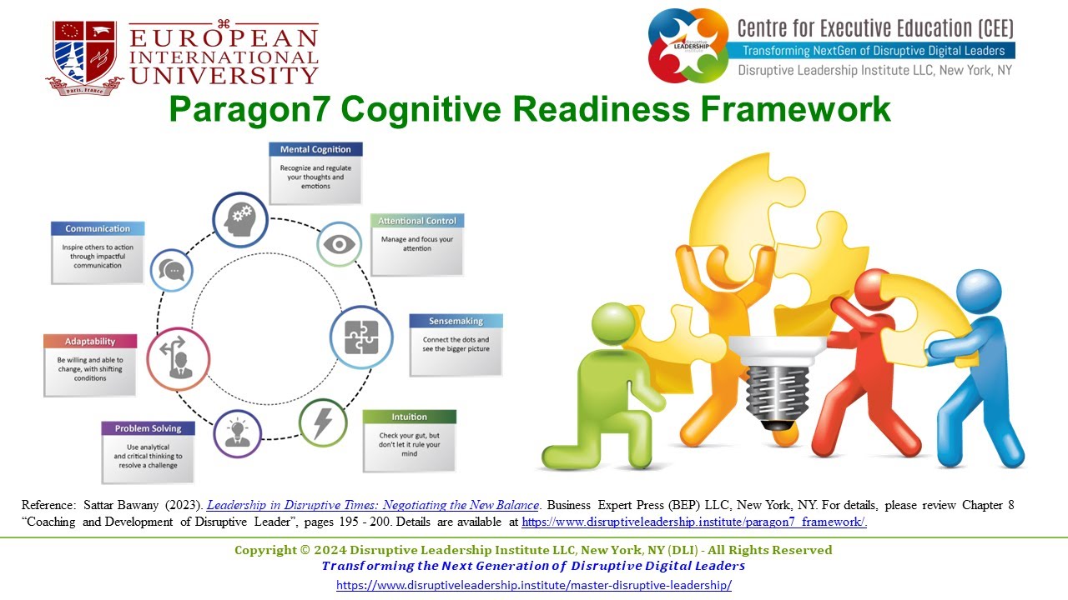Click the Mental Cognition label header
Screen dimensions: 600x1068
click(315, 150)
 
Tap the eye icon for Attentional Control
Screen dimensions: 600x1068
click(340, 244)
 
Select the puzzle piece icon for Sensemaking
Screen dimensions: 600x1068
click(361, 337)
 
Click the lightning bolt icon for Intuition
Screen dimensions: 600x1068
click(322, 422)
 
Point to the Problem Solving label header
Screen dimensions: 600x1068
click(149, 428)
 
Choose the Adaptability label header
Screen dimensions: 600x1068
click(90, 342)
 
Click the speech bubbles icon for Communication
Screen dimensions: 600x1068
click(172, 271)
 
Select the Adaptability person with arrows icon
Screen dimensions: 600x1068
click(178, 358)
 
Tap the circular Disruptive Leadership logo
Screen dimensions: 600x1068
click(689, 45)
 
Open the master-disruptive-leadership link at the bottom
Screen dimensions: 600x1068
click(533, 585)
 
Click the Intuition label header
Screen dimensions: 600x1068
click(410, 417)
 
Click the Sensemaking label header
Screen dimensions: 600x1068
click(456, 321)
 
